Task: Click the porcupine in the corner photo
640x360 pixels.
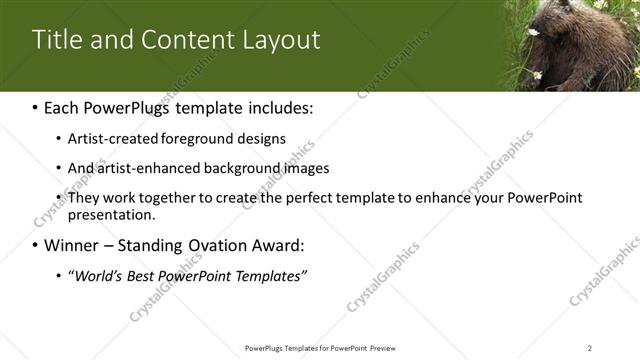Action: coord(590,45)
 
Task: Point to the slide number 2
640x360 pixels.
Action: coord(590,347)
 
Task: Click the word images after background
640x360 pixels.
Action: coord(296,168)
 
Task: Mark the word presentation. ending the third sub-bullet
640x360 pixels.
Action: coord(111,214)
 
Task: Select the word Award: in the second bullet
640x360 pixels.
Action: coord(275,245)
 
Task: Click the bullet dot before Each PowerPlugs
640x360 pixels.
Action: coord(36,108)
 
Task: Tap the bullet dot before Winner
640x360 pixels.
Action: coord(36,245)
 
